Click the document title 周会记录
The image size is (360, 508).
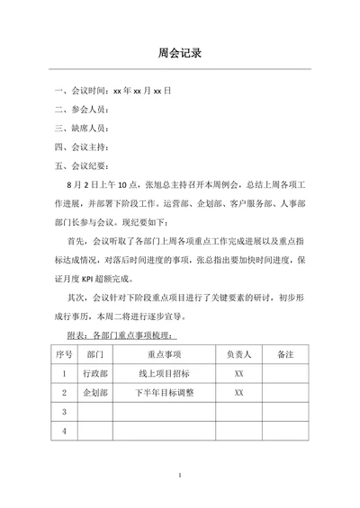point(179,53)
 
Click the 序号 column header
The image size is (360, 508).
point(63,353)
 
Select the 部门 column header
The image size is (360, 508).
point(97,353)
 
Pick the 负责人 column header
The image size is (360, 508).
point(238,353)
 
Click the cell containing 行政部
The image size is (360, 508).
point(97,372)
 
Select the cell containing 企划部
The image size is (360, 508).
point(97,392)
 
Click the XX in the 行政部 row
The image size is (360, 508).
point(238,372)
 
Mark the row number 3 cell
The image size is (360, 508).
point(63,412)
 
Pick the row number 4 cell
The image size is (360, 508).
point(63,432)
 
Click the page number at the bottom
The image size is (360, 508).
point(180,474)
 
